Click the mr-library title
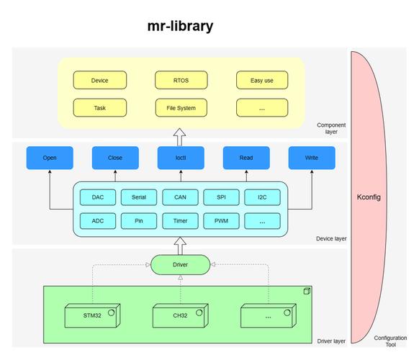pos(179,27)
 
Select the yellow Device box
pos(100,81)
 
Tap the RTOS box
pos(180,81)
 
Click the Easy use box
pos(261,81)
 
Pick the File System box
pos(180,108)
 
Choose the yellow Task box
pos(100,108)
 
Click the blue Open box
pos(50,157)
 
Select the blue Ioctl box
pos(180,157)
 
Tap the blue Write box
pos(311,157)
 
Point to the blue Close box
pos(115,157)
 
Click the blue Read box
pos(245,157)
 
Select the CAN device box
pos(180,197)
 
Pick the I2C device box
pos(262,197)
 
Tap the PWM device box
pos(221,221)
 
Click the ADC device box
pos(98,221)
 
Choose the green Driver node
pos(180,265)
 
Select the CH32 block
pos(179,315)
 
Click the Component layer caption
pos(331,129)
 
